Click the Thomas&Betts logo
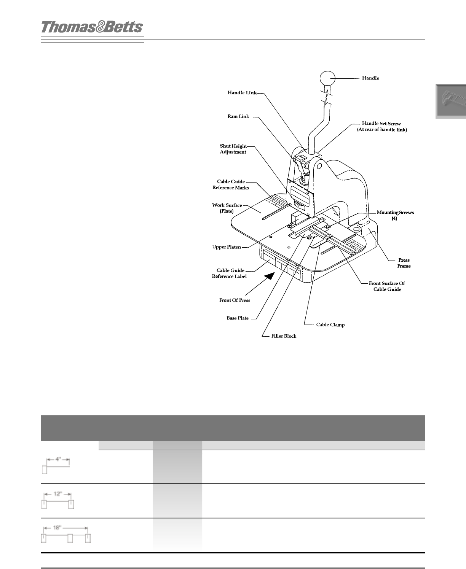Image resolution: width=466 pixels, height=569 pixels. click(x=92, y=27)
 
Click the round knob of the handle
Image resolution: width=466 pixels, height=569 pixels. click(x=327, y=78)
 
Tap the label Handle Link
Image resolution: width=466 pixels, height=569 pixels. click(x=242, y=92)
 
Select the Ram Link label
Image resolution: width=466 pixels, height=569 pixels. click(x=238, y=116)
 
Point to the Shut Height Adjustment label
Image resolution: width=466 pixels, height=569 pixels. click(x=233, y=149)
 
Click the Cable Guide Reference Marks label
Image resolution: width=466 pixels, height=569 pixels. click(x=231, y=185)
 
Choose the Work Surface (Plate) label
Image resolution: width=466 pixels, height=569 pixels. click(x=227, y=208)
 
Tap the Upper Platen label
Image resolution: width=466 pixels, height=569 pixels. click(x=227, y=247)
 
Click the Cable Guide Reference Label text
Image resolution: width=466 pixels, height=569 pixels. click(x=229, y=273)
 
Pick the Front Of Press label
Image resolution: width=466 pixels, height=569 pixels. click(x=235, y=300)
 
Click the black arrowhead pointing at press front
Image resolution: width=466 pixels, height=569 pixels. click(x=270, y=276)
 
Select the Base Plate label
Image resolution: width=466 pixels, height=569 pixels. click(x=238, y=318)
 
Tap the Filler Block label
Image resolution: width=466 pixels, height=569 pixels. click(x=284, y=336)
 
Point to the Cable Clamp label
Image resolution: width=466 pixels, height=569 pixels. click(x=330, y=325)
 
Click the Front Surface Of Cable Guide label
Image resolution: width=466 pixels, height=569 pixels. click(x=387, y=286)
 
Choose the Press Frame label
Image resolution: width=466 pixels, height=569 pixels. click(x=404, y=263)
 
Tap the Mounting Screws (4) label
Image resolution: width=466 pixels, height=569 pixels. click(x=395, y=216)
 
